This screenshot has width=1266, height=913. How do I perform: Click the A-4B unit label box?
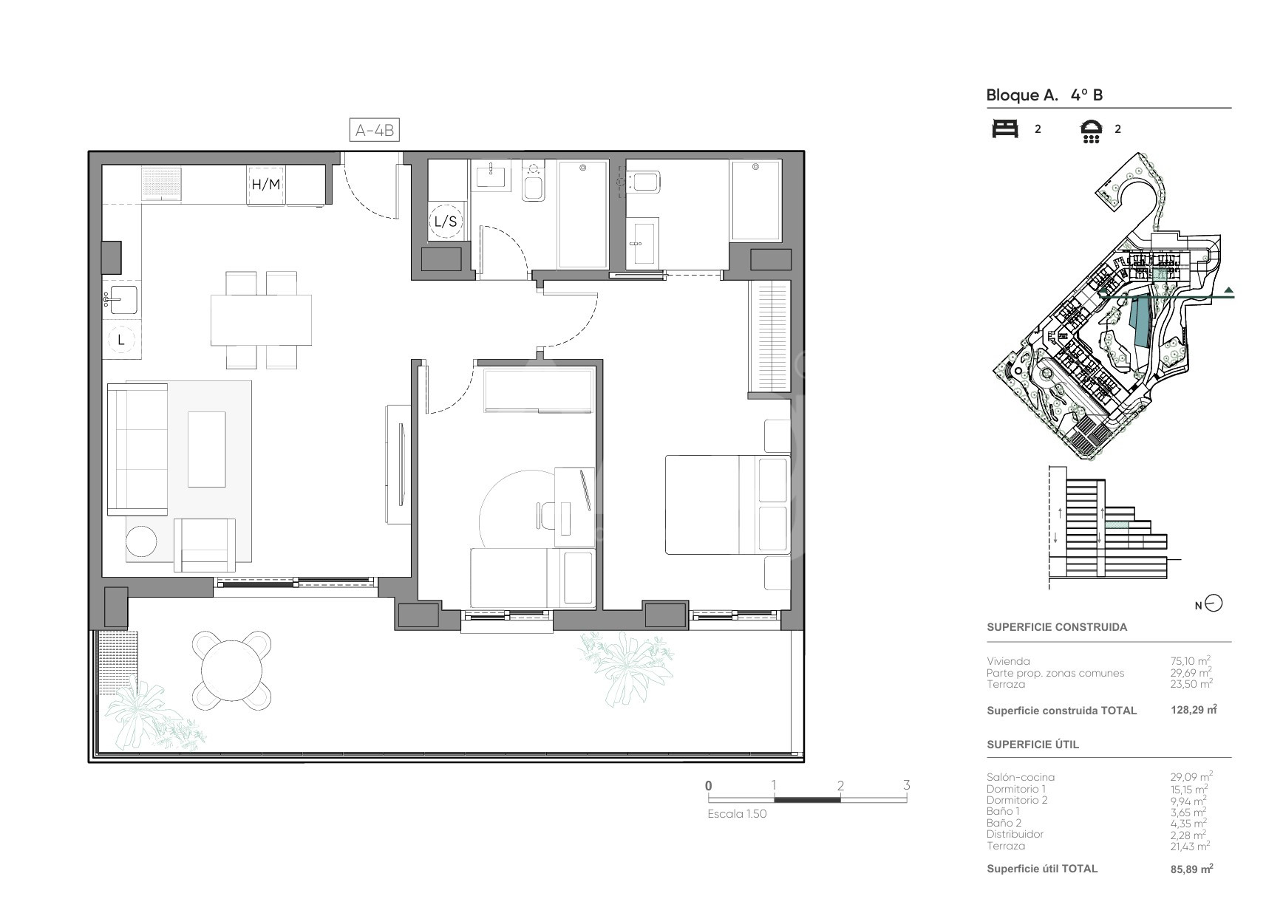click(374, 131)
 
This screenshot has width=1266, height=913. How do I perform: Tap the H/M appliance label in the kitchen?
click(265, 184)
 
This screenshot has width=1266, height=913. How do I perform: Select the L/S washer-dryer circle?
click(446, 221)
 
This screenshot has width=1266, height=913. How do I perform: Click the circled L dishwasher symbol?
click(121, 340)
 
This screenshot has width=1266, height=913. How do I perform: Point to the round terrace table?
click(232, 670)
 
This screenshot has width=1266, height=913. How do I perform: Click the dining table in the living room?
click(261, 320)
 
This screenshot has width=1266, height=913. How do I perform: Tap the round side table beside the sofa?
click(141, 541)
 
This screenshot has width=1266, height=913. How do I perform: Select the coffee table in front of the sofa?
click(207, 449)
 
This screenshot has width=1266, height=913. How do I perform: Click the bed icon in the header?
click(1005, 129)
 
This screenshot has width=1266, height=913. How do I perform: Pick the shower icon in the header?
click(1092, 131)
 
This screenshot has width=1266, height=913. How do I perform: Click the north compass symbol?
click(1214, 604)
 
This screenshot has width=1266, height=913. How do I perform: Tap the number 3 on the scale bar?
click(907, 784)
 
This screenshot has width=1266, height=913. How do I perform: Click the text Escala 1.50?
click(737, 814)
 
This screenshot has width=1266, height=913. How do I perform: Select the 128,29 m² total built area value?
click(1194, 709)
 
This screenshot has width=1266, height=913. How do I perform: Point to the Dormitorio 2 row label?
click(1017, 800)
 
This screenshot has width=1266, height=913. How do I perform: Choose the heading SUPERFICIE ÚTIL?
click(1032, 744)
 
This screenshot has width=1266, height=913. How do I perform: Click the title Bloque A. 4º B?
click(1044, 95)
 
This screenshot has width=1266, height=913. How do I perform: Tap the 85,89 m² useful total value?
click(1192, 869)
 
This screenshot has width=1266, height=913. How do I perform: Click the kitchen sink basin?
click(123, 299)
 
